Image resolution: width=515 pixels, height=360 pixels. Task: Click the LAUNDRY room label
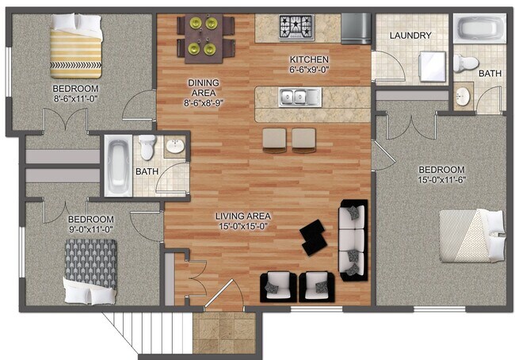pyautogui.click(x=410, y=35)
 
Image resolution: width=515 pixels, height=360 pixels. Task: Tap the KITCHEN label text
pyautogui.click(x=308, y=59)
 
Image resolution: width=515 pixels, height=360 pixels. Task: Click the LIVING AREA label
pyautogui.click(x=245, y=216)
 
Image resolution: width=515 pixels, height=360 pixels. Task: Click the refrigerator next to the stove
pyautogui.click(x=356, y=29)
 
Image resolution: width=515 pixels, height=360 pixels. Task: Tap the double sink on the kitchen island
pyautogui.click(x=299, y=98)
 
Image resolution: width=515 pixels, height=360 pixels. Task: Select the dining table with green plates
pyautogui.click(x=205, y=36)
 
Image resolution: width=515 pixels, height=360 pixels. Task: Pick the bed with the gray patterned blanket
pyautogui.click(x=90, y=270)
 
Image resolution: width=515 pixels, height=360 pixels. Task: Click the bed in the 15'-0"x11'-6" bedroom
pyautogui.click(x=471, y=236)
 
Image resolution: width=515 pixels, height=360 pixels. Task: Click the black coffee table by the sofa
pyautogui.click(x=315, y=236)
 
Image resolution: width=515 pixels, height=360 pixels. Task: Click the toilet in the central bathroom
pyautogui.click(x=147, y=147)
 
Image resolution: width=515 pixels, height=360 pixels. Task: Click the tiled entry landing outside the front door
pyautogui.click(x=223, y=332)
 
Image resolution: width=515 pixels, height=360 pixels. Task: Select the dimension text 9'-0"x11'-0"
pyautogui.click(x=90, y=231)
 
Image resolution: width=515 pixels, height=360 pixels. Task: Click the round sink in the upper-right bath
pyautogui.click(x=463, y=97)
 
